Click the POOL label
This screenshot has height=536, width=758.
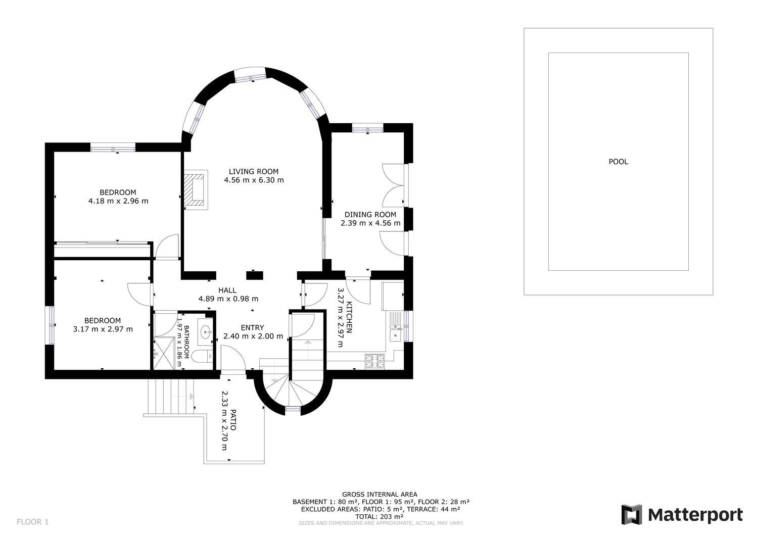pyautogui.click(x=618, y=162)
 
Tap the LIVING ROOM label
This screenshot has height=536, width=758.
pyautogui.click(x=254, y=172)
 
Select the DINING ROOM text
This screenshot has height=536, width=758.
pyautogui.click(x=370, y=215)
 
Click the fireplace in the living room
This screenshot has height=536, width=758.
pyautogui.click(x=195, y=190)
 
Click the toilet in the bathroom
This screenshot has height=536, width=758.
pyautogui.click(x=202, y=356)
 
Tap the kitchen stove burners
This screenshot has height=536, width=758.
pyautogui.click(x=374, y=361)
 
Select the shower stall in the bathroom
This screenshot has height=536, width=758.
pyautogui.click(x=164, y=353)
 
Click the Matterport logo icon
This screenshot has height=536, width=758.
pyautogui.click(x=632, y=515)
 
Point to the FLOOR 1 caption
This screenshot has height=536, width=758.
pyautogui.click(x=33, y=522)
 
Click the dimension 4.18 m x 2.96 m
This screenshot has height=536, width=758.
pyautogui.click(x=118, y=201)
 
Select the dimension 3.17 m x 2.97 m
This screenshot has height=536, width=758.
pyautogui.click(x=103, y=329)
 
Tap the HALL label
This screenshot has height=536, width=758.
pyautogui.click(x=227, y=290)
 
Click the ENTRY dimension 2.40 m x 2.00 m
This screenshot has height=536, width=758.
pyautogui.click(x=253, y=336)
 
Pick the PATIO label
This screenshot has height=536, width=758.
pyautogui.click(x=233, y=420)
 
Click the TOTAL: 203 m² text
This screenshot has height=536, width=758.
pyautogui.click(x=380, y=517)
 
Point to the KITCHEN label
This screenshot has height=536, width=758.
pyautogui.click(x=349, y=317)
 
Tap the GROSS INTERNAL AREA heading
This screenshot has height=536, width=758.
pyautogui.click(x=380, y=495)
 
